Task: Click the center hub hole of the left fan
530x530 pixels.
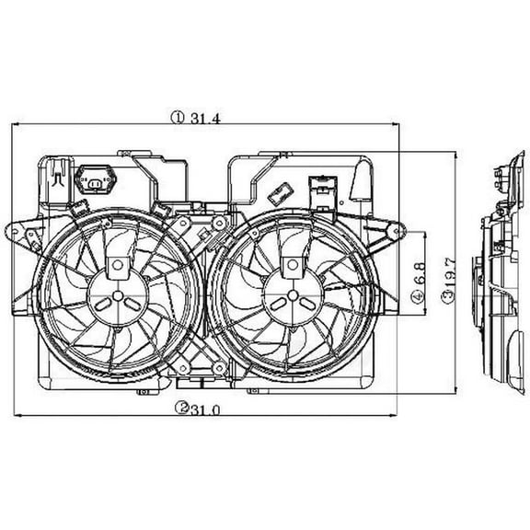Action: (119, 296)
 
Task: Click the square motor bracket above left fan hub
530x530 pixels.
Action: (119, 265)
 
